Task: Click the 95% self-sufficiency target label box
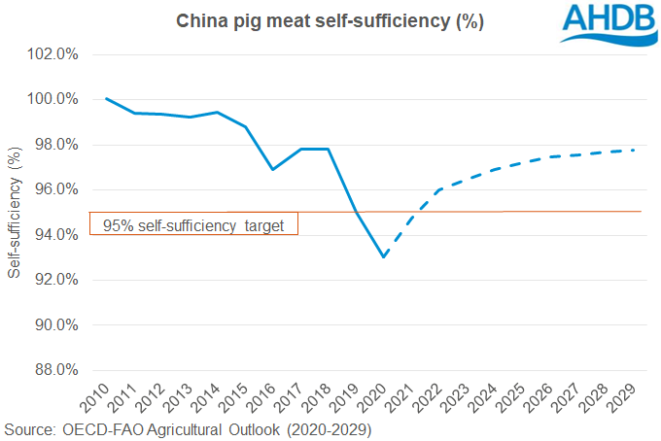click(x=193, y=224)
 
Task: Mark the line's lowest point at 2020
click(x=384, y=256)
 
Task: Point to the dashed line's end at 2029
click(x=634, y=150)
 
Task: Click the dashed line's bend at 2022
click(x=439, y=189)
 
